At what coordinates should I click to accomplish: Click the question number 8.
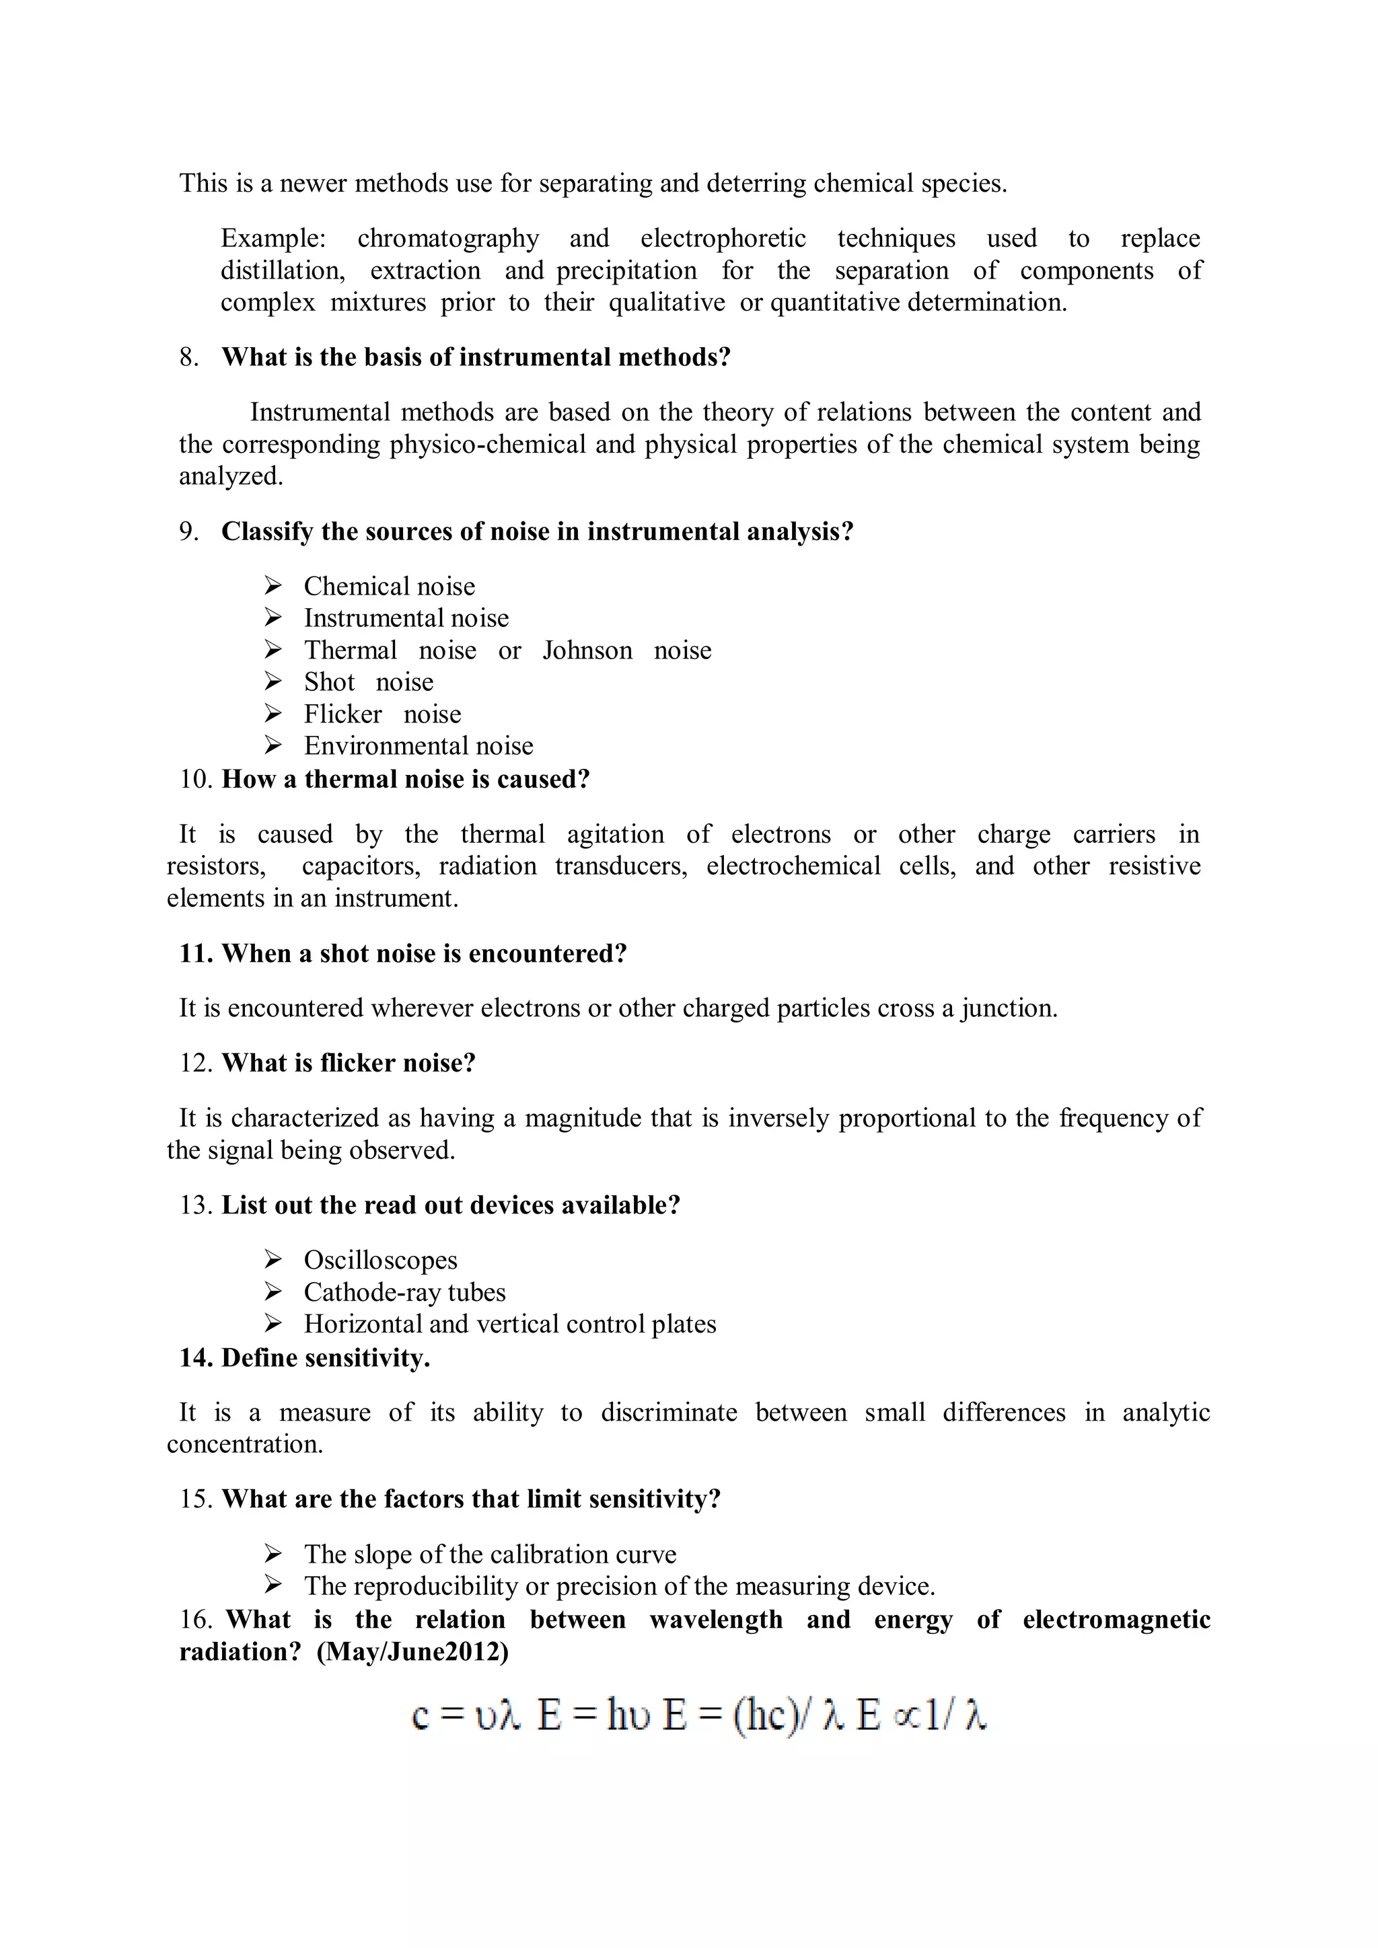pyautogui.click(x=188, y=357)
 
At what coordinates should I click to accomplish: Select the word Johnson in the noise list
pyautogui.click(x=587, y=650)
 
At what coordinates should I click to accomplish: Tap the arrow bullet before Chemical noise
pyautogui.click(x=273, y=585)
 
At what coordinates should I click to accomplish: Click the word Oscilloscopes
pyautogui.click(x=380, y=1260)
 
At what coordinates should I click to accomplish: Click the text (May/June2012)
pyautogui.click(x=412, y=1652)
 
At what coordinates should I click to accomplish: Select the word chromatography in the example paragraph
pyautogui.click(x=448, y=238)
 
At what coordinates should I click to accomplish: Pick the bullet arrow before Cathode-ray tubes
pyautogui.click(x=273, y=1291)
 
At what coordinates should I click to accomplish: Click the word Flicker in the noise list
pyautogui.click(x=342, y=714)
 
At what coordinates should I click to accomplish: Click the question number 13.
pyautogui.click(x=194, y=1205)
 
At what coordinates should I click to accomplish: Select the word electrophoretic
pyautogui.click(x=723, y=238)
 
